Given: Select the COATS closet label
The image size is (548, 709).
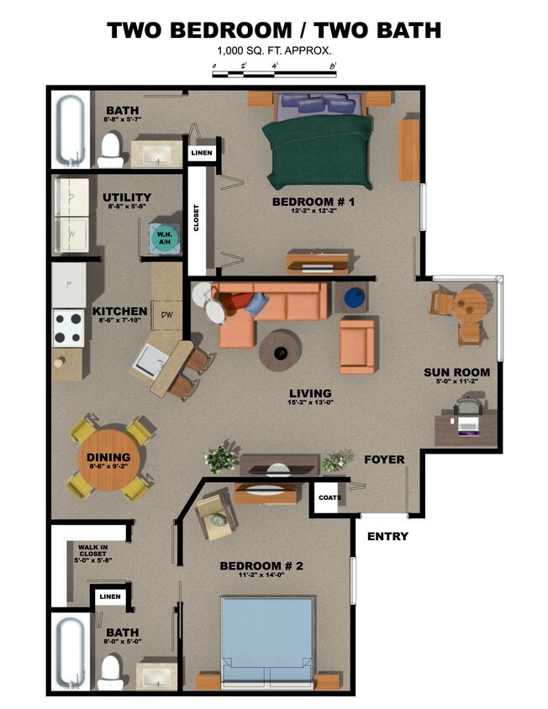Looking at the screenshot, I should pyautogui.click(x=329, y=497).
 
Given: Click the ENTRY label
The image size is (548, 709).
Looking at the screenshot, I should pyautogui.click(x=387, y=536).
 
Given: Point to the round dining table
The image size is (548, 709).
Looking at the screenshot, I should pyautogui.click(x=109, y=460).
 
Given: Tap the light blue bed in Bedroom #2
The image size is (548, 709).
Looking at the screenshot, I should pyautogui.click(x=267, y=634).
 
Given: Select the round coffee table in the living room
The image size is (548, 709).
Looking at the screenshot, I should pyautogui.click(x=280, y=349).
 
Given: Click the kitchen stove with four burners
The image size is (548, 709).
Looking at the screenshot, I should pyautogui.click(x=68, y=328).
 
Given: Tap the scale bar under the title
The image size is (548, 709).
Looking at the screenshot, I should pyautogui.click(x=275, y=74).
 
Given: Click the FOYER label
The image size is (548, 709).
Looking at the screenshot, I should pyautogui.click(x=384, y=460).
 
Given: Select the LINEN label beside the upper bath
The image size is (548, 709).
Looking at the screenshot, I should pyautogui.click(x=202, y=153).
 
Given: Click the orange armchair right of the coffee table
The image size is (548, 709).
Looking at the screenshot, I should pyautogui.click(x=357, y=344).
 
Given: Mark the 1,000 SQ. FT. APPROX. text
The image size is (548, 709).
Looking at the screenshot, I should pyautogui.click(x=274, y=51).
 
